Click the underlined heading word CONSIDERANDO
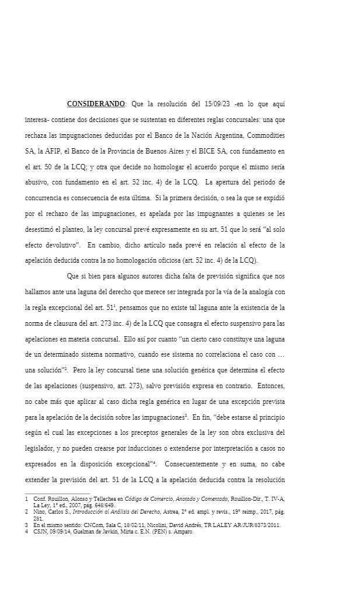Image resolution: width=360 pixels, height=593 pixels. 96,104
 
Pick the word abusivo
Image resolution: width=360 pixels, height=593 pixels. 38,182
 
